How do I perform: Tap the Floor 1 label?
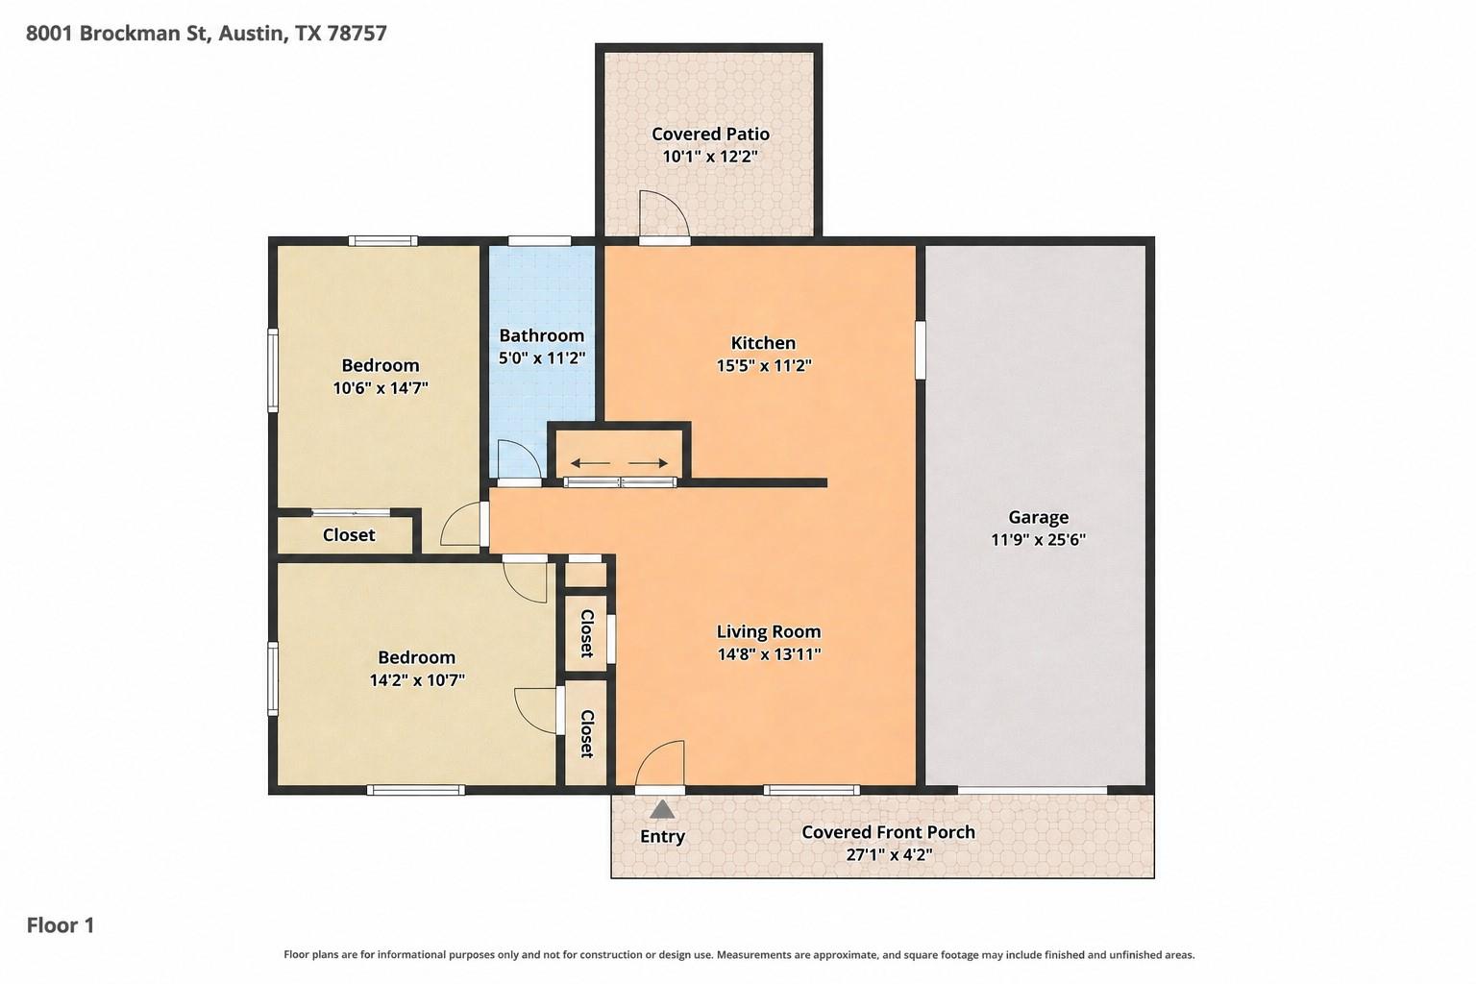tap(61, 925)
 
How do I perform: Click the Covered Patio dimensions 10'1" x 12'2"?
tap(710, 157)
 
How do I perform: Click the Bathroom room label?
tap(541, 335)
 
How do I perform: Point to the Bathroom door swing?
tap(515, 458)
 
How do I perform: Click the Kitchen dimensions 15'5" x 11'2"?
tap(763, 366)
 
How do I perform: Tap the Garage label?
tap(1038, 517)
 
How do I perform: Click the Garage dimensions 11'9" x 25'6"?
tap(1038, 540)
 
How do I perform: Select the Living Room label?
tap(768, 631)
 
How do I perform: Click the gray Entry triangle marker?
tap(662, 809)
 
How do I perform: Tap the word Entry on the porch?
tap(662, 836)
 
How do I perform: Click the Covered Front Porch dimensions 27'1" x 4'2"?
tap(888, 854)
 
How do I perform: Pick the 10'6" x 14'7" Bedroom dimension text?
tap(380, 388)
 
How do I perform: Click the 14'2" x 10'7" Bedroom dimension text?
tap(416, 680)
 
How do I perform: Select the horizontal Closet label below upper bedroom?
tap(349, 535)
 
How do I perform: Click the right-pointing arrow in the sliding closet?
tap(650, 463)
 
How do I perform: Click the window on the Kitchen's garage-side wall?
tap(920, 350)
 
